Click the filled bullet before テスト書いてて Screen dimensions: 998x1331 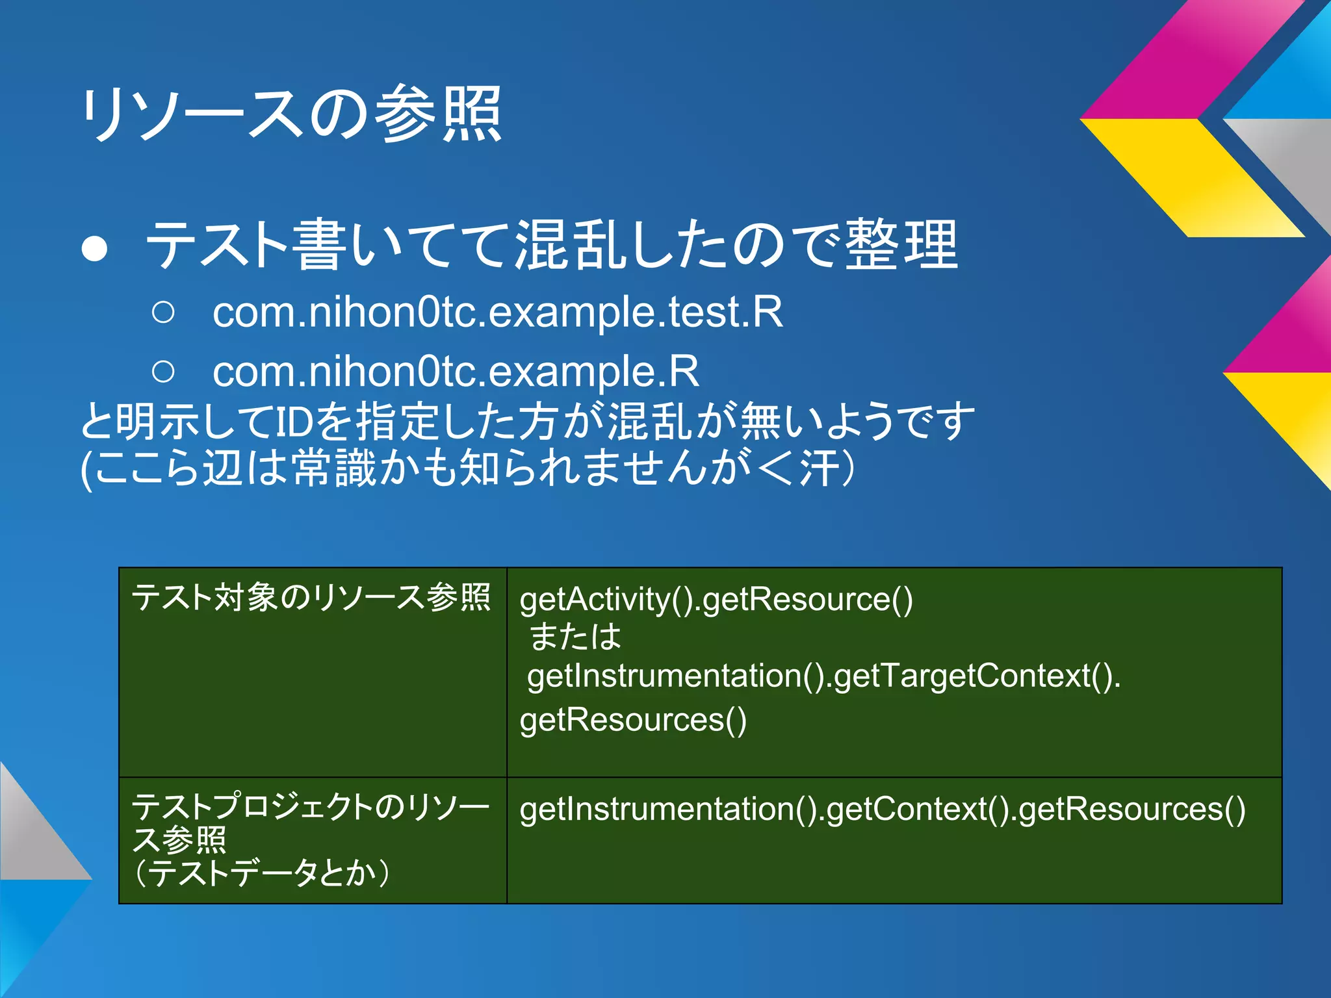coord(95,248)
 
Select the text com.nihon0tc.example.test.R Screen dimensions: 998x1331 coord(497,313)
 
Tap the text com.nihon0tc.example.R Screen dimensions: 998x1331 coord(456,372)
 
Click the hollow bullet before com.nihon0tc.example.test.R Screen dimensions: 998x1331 coord(163,313)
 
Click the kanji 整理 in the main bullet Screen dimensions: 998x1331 coord(901,245)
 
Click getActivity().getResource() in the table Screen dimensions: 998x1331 coord(716,599)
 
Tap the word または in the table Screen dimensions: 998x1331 coord(575,637)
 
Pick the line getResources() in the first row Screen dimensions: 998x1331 coord(633,720)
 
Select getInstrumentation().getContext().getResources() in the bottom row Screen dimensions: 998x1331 coord(882,810)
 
